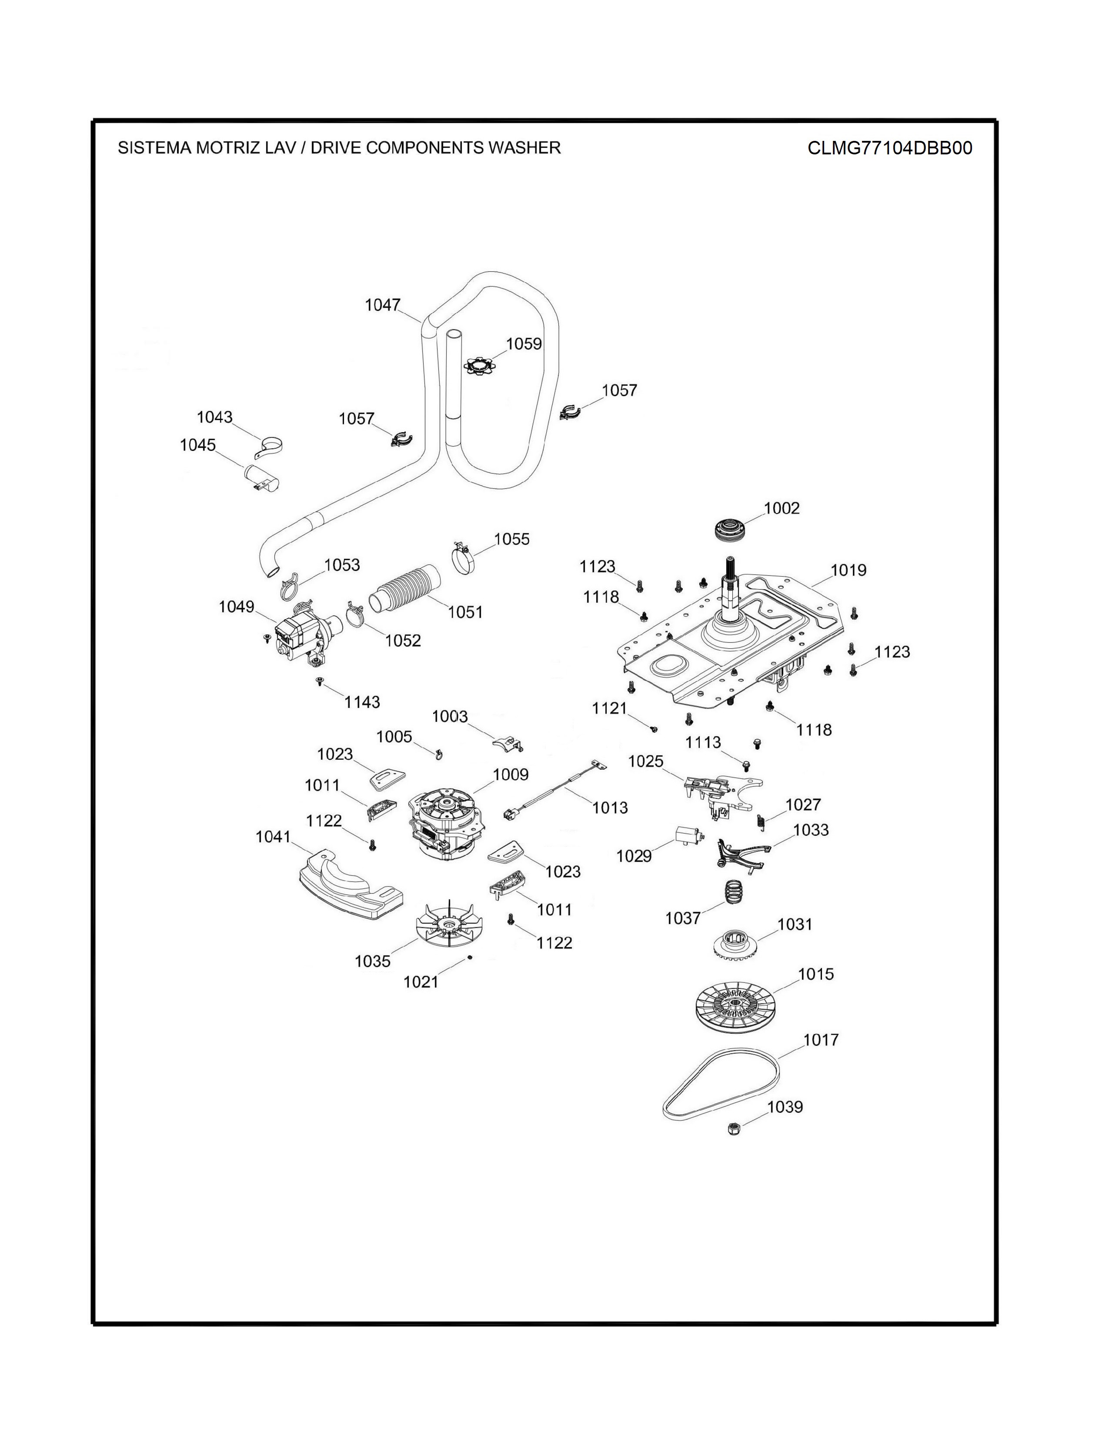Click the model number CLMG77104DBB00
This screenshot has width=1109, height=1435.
(x=889, y=148)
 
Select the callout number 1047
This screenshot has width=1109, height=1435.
(x=382, y=305)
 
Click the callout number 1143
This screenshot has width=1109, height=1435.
(x=362, y=702)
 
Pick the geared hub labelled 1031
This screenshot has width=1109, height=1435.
(x=735, y=944)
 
